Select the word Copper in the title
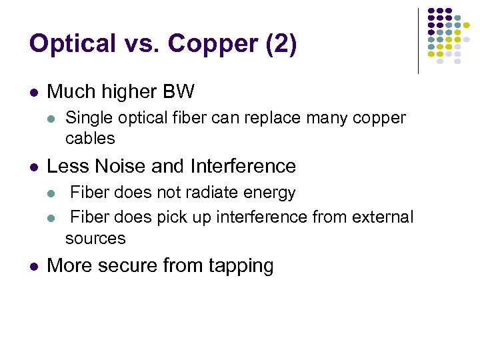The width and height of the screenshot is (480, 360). tap(213, 43)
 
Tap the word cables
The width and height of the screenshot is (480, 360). tap(90, 139)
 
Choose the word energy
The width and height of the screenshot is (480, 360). tap(269, 193)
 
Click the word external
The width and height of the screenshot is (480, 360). tap(385, 217)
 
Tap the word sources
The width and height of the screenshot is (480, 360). tap(95, 238)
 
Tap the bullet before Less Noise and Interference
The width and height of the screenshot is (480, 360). tap(34, 167)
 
